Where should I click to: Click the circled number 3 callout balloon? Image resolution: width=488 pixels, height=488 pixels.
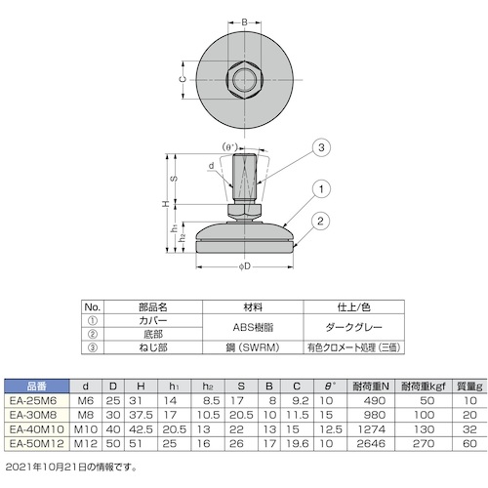(x=321, y=147)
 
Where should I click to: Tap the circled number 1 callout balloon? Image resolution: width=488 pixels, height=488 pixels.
(x=321, y=189)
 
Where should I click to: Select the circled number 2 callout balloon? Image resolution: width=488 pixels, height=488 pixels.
(x=320, y=222)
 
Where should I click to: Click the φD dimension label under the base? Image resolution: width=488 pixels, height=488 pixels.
(x=245, y=266)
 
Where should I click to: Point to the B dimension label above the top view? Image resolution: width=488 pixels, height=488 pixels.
(x=244, y=22)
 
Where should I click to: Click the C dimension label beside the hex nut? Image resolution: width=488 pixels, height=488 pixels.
(x=183, y=79)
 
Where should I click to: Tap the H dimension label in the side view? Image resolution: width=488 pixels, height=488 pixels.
(x=166, y=204)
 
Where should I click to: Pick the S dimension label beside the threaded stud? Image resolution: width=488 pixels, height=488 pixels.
(x=175, y=179)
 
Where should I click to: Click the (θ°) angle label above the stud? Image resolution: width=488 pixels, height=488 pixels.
(x=230, y=147)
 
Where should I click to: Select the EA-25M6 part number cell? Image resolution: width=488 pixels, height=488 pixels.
(x=33, y=400)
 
